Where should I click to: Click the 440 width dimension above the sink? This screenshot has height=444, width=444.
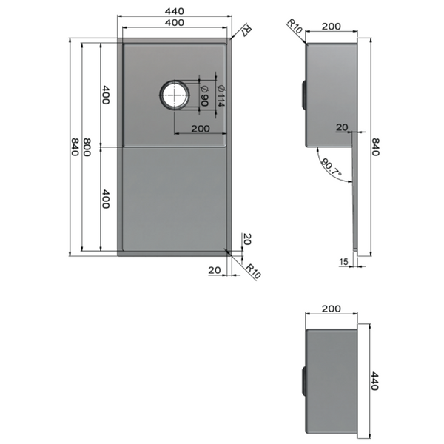[x=175, y=11]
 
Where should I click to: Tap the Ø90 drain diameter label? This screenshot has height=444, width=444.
[x=204, y=95]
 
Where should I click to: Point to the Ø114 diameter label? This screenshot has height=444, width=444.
[x=221, y=95]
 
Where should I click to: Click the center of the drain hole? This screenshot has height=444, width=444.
[x=175, y=95]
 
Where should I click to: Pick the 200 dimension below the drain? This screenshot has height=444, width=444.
[x=201, y=129]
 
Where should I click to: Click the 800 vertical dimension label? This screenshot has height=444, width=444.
[x=87, y=147]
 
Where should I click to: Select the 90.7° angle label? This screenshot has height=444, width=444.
[x=331, y=167]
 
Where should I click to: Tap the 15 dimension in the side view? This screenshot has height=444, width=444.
[x=343, y=262]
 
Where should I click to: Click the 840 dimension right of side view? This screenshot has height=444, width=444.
[x=375, y=147]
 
